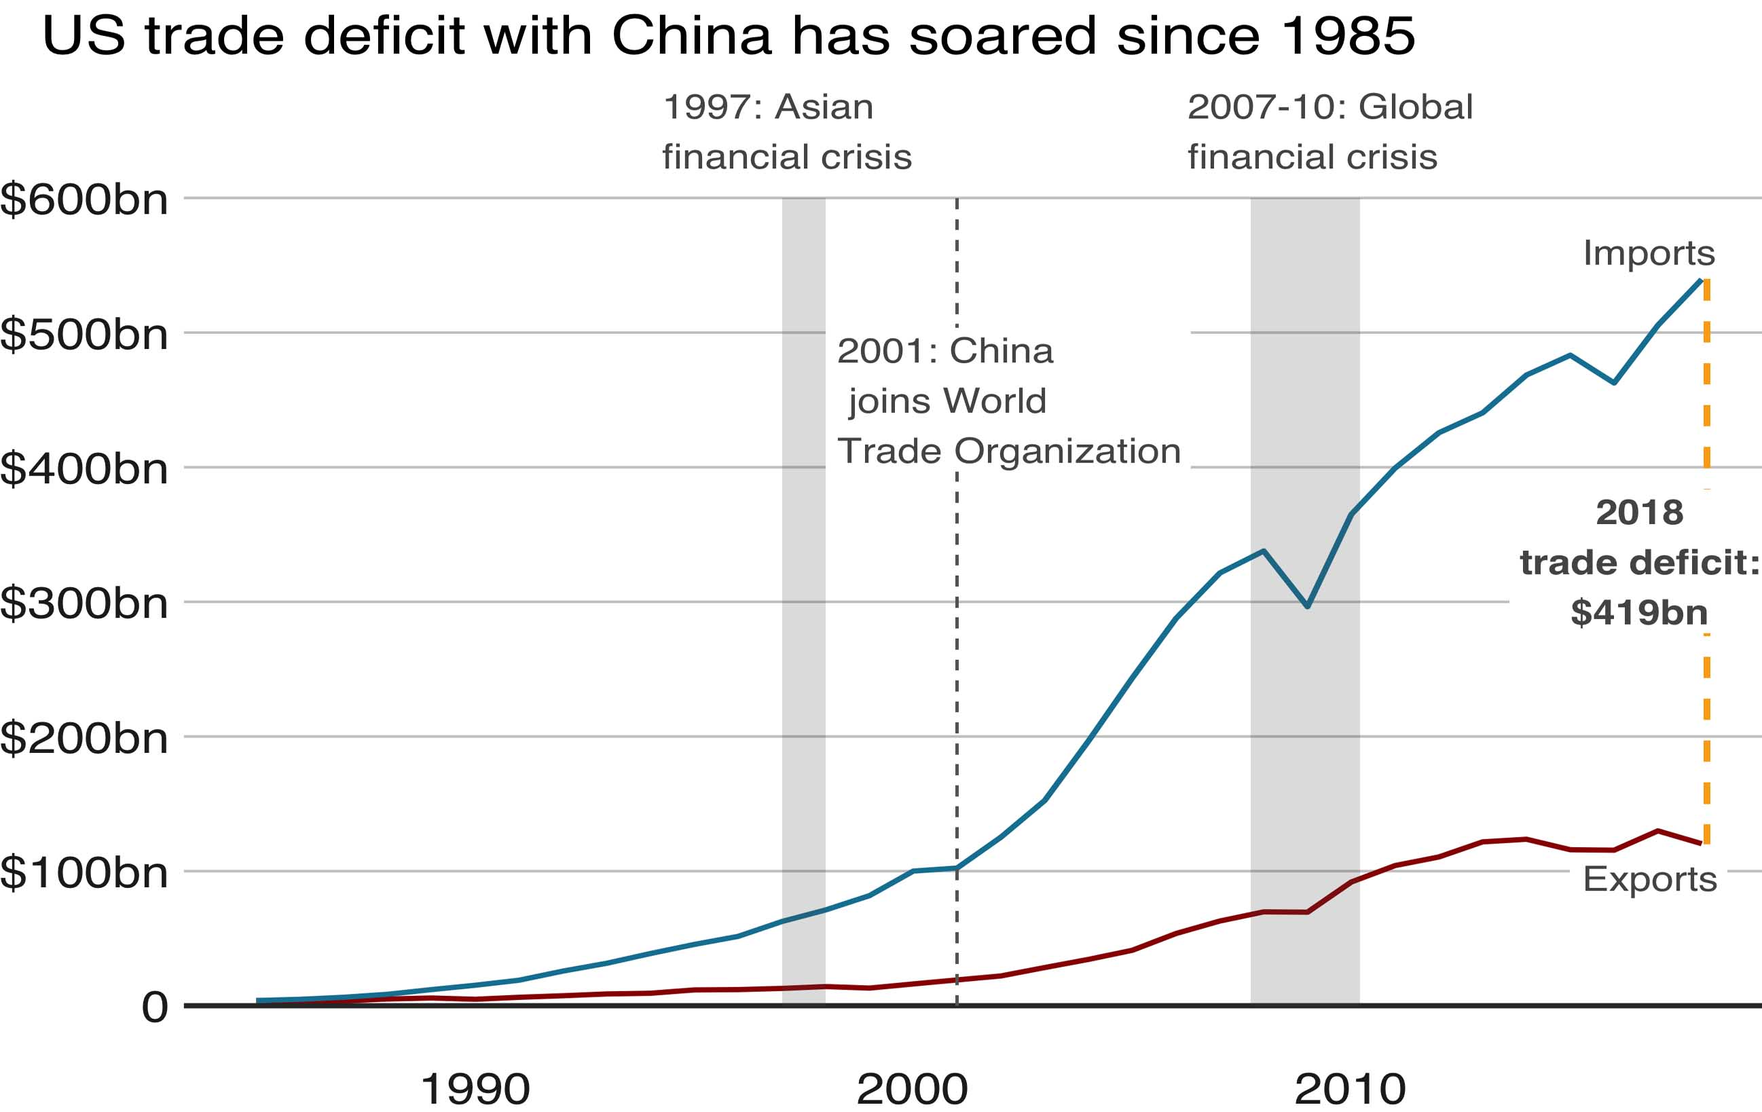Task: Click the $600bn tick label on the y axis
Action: point(84,199)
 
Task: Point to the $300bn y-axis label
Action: point(84,604)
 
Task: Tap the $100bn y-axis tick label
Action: point(84,872)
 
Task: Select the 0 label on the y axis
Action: point(154,1007)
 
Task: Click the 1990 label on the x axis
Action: point(475,1090)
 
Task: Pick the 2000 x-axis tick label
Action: point(912,1090)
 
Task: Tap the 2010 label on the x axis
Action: point(1350,1090)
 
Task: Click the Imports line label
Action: point(1649,253)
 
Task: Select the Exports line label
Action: point(1649,878)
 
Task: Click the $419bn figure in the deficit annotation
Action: point(1639,612)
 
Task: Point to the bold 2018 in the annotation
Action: point(1639,512)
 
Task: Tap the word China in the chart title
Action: point(691,35)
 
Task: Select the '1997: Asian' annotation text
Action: point(767,107)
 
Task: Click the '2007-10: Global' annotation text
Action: point(1329,107)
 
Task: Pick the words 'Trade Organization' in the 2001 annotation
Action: point(1008,451)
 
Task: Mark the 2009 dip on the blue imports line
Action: point(1307,606)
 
